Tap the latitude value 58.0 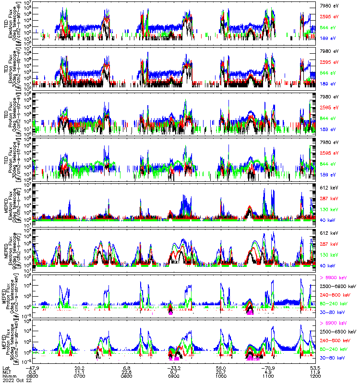point(220,367)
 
